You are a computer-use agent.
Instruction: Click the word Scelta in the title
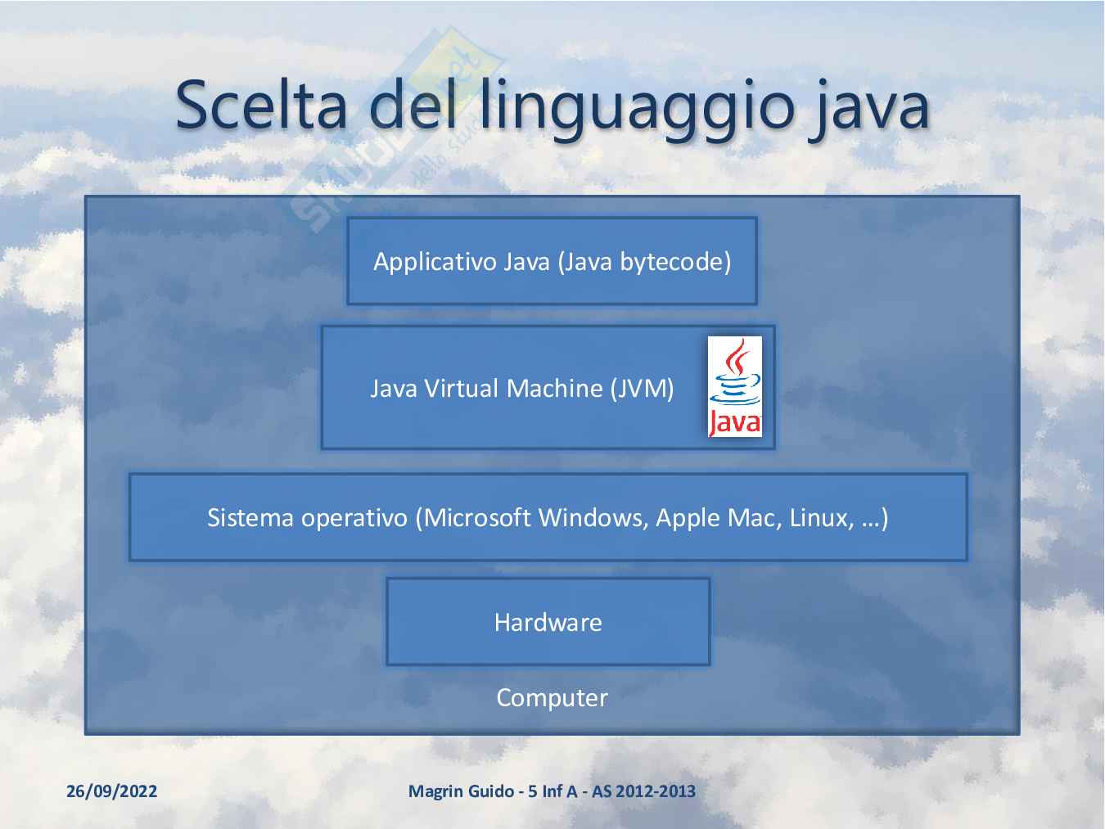261,106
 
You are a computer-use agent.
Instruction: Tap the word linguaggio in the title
638,110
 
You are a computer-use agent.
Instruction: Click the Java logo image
734,386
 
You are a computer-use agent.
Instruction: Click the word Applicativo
435,262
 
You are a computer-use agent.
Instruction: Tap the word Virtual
461,389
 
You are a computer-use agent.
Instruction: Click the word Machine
554,389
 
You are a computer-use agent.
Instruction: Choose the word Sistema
250,518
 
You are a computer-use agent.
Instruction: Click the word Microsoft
476,518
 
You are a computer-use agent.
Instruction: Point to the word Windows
593,518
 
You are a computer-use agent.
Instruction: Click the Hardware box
548,622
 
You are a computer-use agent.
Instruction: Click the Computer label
552,698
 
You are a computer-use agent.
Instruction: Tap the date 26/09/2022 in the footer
112,791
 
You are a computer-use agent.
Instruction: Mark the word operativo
354,519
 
